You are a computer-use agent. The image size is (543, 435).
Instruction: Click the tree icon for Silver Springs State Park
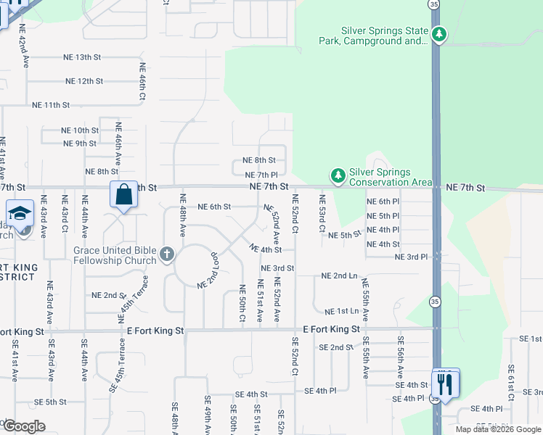click(x=438, y=34)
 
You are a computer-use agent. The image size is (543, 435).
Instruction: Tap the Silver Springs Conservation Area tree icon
click(x=338, y=175)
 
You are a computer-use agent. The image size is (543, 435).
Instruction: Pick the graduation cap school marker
click(x=20, y=214)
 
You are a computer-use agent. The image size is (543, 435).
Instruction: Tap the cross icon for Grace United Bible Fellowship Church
click(x=167, y=254)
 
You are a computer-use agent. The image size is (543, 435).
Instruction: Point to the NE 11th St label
click(x=51, y=105)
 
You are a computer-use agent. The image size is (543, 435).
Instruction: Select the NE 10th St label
click(x=81, y=130)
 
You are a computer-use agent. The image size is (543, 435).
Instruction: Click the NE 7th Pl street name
click(x=262, y=175)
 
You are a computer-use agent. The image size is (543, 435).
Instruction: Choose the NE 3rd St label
click(x=278, y=268)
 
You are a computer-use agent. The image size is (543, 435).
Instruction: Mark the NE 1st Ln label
click(x=342, y=311)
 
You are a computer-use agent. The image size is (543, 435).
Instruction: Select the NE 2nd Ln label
click(x=339, y=276)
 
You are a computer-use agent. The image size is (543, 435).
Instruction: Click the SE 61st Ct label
click(x=511, y=383)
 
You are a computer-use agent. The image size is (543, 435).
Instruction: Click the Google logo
click(x=25, y=426)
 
